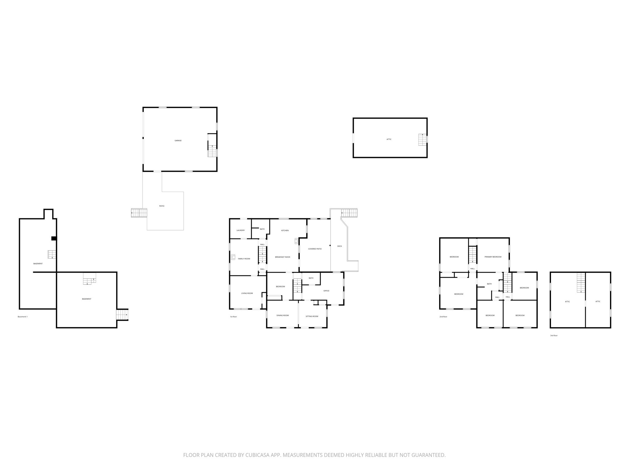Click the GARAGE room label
178,140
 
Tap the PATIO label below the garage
162,206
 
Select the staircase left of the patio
139,213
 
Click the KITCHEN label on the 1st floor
285,230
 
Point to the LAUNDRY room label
240,230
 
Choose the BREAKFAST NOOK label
283,257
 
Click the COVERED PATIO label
315,249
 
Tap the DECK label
339,246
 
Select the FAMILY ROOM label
244,259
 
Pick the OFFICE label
326,291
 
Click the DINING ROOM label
283,316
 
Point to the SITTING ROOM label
312,316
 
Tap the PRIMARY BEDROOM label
493,257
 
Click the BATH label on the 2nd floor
489,284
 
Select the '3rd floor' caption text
554,336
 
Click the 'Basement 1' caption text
23,316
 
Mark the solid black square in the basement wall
54,238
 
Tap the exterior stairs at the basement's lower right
122,315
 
